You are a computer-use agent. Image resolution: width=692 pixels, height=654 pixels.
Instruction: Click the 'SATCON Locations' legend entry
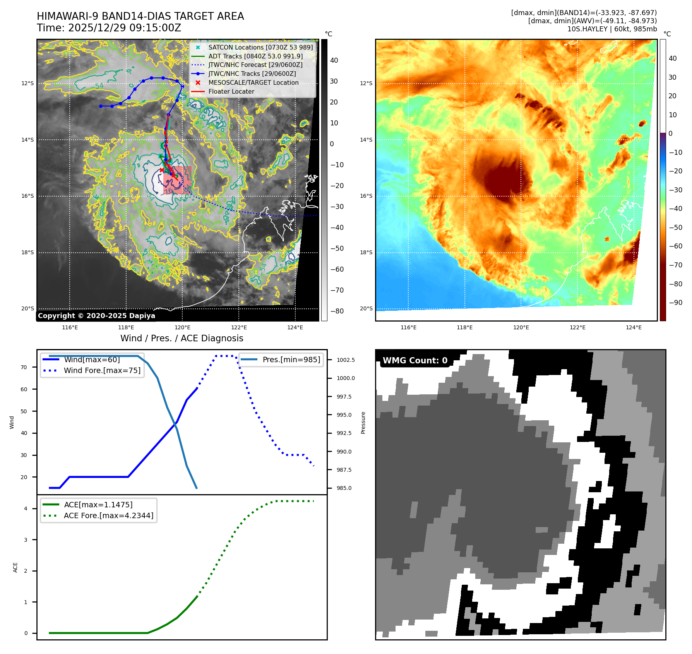pos(260,47)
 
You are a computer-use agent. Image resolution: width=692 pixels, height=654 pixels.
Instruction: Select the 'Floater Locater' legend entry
pos(231,91)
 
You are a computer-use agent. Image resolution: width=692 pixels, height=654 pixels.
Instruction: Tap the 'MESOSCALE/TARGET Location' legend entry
pos(253,82)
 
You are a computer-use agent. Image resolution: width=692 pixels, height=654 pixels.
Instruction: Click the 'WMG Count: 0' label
pos(415,360)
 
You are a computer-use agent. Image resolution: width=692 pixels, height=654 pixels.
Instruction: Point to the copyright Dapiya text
pos(96,315)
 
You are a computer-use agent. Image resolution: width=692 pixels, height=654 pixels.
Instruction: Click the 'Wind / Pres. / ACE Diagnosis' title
pos(182,338)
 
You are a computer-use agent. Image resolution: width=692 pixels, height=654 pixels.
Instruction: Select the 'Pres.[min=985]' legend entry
pos(291,360)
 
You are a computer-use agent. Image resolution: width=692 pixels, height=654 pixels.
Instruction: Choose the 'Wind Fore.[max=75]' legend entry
pos(102,370)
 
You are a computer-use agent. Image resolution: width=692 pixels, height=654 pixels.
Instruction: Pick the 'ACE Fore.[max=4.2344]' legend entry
pos(108,515)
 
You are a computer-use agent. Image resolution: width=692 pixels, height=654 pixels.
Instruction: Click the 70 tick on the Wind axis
pos(24,367)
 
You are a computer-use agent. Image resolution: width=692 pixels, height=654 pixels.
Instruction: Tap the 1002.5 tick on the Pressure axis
pos(345,360)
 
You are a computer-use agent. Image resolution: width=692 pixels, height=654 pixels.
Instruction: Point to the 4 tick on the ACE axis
pos(26,508)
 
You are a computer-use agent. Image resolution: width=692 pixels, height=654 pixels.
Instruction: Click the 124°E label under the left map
pos(295,327)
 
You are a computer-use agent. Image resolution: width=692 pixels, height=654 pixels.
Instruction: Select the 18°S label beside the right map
pos(366,252)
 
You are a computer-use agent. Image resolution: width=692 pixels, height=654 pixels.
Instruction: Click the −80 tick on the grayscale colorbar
pos(337,311)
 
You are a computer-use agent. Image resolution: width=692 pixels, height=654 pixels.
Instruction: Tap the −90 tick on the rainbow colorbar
pos(675,302)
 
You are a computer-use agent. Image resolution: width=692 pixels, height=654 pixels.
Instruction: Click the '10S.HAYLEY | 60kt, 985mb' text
pos(612,29)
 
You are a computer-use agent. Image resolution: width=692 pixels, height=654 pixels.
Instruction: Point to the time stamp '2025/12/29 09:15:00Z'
pos(125,28)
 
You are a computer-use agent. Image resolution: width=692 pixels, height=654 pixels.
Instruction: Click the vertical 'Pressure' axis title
pos(363,423)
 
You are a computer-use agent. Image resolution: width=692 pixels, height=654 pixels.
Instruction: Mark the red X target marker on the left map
pos(162,170)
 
